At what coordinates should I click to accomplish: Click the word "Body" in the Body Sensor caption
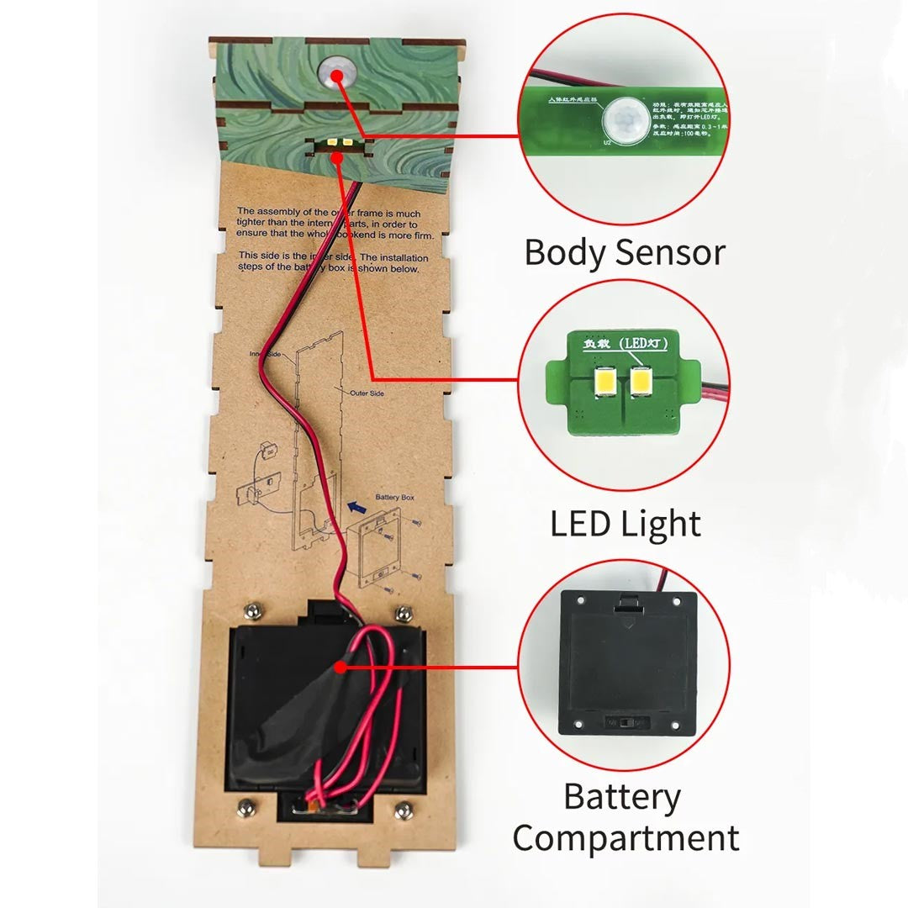coord(562,251)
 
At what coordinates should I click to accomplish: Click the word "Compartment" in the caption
coord(626,838)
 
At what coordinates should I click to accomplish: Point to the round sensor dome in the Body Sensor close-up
coord(624,119)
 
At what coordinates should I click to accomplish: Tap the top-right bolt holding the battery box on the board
coord(404,610)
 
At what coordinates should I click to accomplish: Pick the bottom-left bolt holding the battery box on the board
coord(245,807)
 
